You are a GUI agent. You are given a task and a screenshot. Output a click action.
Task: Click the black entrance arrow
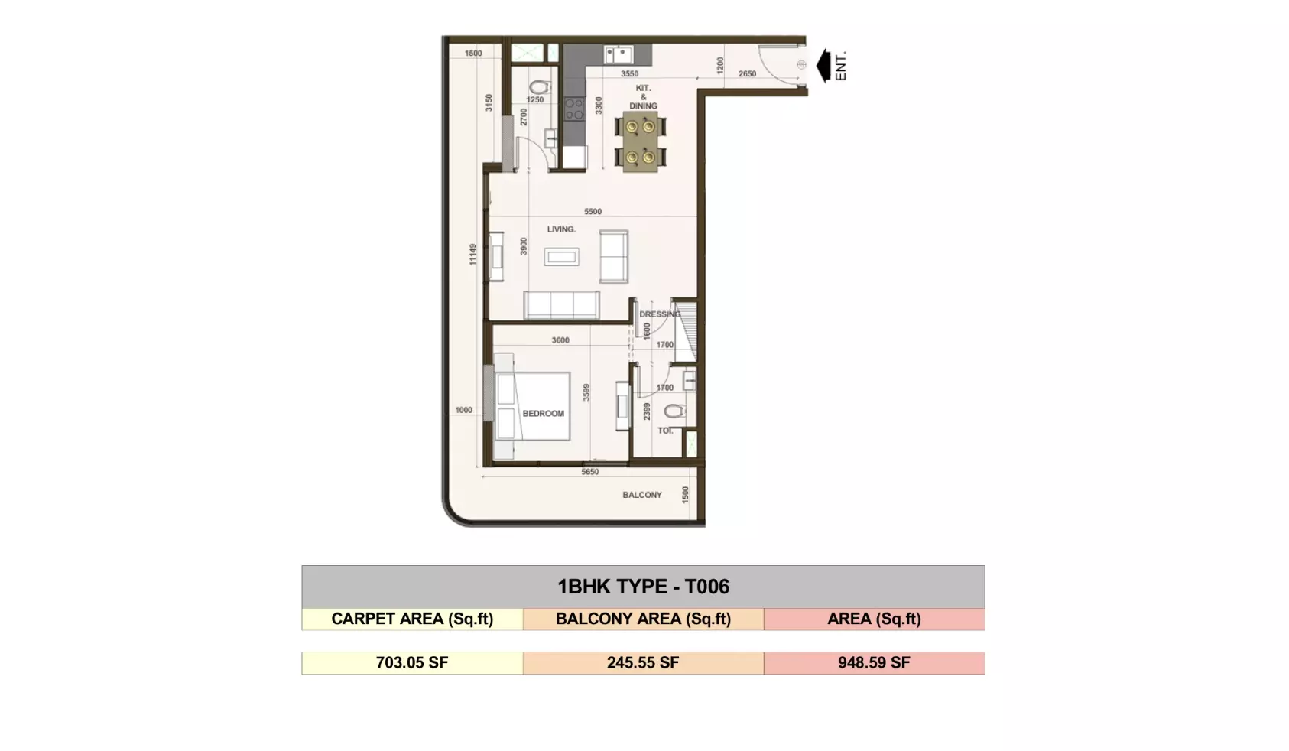tap(823, 66)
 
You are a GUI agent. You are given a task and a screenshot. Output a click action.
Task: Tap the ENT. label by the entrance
tap(840, 67)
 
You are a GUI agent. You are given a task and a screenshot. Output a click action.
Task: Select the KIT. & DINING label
tap(643, 96)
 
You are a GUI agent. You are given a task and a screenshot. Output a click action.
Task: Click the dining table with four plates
tap(641, 141)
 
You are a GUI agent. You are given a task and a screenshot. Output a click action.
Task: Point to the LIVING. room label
tap(561, 229)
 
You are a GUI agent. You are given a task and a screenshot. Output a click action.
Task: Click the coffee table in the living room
tap(562, 257)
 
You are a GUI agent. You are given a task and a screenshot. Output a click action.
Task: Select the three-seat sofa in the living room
tap(562, 305)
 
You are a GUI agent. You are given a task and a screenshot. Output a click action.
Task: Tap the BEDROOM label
tap(544, 413)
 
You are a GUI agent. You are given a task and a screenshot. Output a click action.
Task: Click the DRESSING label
tap(660, 314)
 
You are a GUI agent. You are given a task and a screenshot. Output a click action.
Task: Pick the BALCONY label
tap(642, 495)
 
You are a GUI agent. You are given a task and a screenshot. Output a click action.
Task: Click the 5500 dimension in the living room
tap(593, 211)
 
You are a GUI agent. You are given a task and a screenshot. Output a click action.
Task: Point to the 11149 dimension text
tap(472, 255)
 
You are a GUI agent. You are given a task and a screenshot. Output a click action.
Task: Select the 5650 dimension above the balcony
tap(589, 472)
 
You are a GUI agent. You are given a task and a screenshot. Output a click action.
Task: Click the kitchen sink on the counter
tap(619, 54)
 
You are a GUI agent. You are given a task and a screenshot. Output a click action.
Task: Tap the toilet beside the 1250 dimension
tap(540, 87)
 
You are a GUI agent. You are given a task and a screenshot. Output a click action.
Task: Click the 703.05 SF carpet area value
tap(412, 663)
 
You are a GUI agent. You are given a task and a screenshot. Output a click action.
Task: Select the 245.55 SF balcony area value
tap(643, 663)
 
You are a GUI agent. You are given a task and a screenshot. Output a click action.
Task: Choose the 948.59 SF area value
tap(874, 663)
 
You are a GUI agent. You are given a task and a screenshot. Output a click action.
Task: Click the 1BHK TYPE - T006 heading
tap(643, 587)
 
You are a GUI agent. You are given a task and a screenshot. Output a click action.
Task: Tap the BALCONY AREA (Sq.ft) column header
tap(643, 619)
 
